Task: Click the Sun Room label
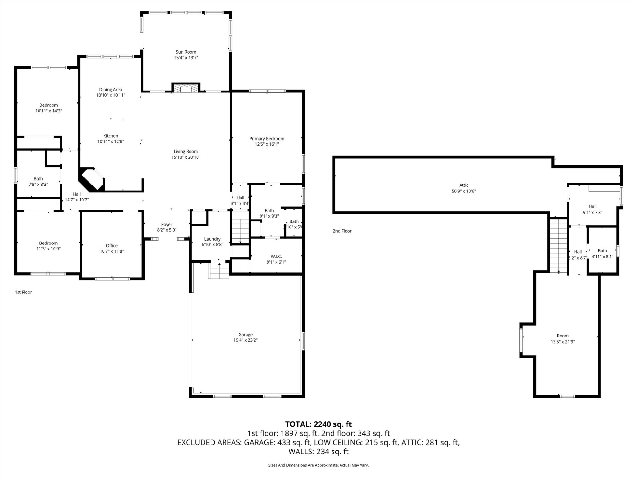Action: tap(186, 52)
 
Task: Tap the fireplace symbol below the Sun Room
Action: tap(186, 88)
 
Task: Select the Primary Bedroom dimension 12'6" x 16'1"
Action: tap(267, 144)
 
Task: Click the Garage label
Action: tap(245, 335)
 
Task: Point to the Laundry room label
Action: tap(212, 239)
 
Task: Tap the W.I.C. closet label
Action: tap(276, 257)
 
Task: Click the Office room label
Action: tap(111, 246)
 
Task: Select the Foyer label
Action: tap(167, 225)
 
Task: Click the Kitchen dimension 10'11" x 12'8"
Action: tap(111, 141)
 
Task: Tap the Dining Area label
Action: tap(111, 90)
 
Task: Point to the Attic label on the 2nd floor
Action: tap(464, 185)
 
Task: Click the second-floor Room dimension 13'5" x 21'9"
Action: tap(562, 342)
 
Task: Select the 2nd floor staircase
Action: tap(559, 245)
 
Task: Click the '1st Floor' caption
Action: tap(23, 292)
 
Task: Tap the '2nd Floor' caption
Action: tap(342, 231)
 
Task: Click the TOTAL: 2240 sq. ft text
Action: tap(318, 424)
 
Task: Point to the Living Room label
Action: tap(186, 152)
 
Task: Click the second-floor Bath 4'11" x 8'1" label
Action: tap(602, 251)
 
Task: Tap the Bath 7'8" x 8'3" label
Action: tap(38, 179)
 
